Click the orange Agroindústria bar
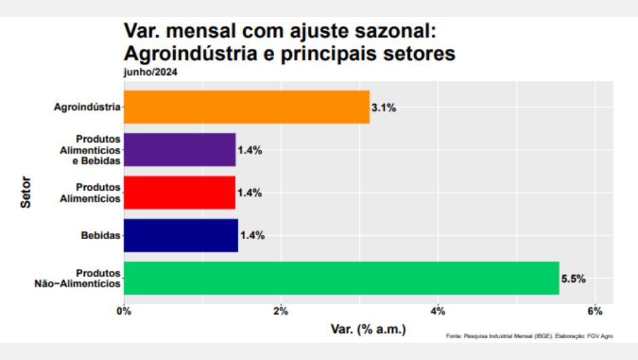pyautogui.click(x=246, y=107)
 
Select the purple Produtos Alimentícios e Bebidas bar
pyautogui.click(x=180, y=149)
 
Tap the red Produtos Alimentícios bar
pyautogui.click(x=180, y=192)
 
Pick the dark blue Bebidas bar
pyautogui.click(x=181, y=235)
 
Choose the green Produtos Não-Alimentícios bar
pyautogui.click(x=341, y=278)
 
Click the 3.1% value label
pyautogui.click(x=383, y=107)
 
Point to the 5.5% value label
pyautogui.click(x=573, y=278)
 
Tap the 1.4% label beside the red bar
pyautogui.click(x=250, y=193)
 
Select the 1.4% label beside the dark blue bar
pyautogui.click(x=252, y=236)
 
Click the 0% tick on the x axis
pyautogui.click(x=124, y=312)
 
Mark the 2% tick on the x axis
pyautogui.click(x=281, y=312)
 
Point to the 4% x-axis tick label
pyautogui.click(x=438, y=312)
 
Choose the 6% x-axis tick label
pyautogui.click(x=595, y=312)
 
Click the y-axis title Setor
pyautogui.click(x=25, y=193)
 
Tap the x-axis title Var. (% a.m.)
pyautogui.click(x=368, y=329)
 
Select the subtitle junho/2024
pyautogui.click(x=150, y=73)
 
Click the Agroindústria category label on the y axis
pyautogui.click(x=88, y=107)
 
